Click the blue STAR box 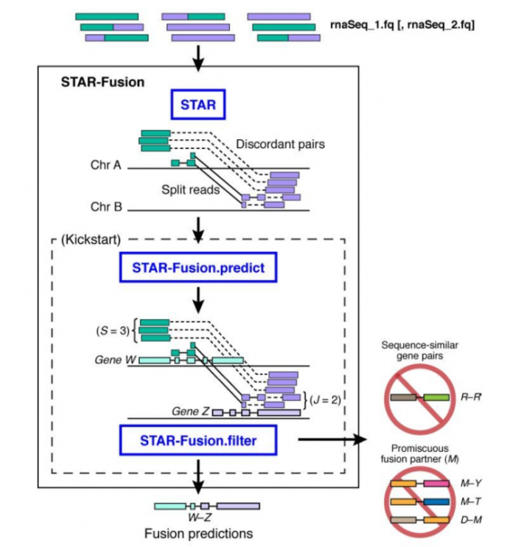(197, 105)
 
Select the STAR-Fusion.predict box (197, 268)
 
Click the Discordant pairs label (280, 144)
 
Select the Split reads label (191, 189)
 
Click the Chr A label (105, 165)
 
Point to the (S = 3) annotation (111, 330)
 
